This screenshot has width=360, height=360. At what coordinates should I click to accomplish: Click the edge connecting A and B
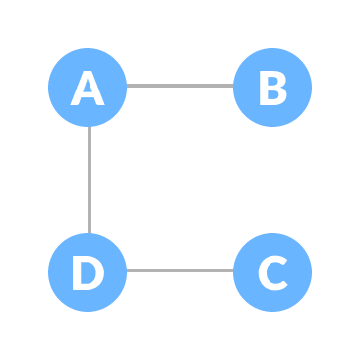[x=179, y=86]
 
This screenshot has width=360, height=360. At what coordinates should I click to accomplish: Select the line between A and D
[x=89, y=179]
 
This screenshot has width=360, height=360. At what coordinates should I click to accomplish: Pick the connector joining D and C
[x=179, y=270]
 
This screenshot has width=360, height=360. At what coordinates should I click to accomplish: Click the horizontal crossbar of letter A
[x=88, y=95]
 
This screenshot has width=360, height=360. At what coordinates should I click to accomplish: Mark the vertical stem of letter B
[x=263, y=88]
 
